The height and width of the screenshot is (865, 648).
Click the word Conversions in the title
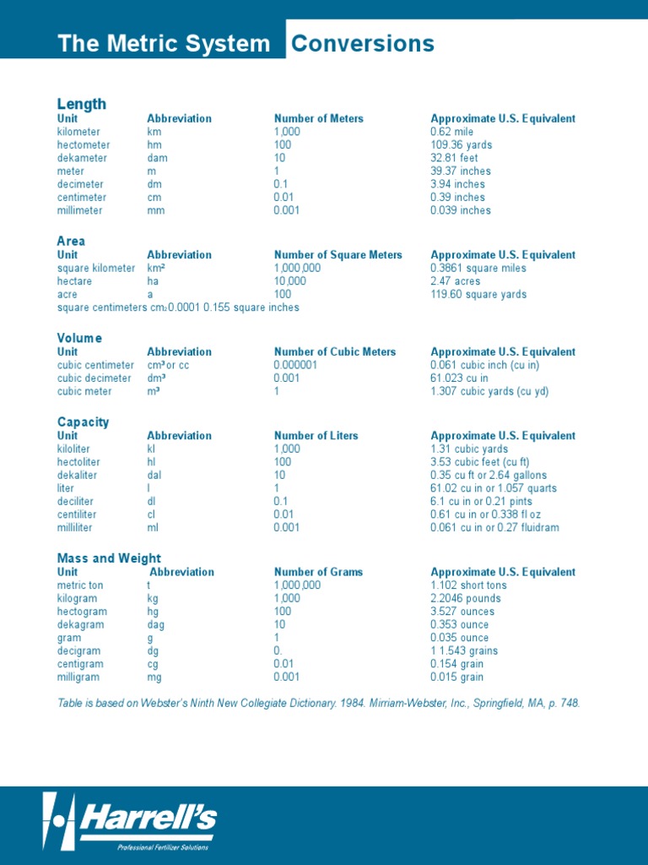(363, 44)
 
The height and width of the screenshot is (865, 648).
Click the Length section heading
(81, 104)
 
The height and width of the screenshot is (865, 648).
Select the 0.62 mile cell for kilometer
(451, 132)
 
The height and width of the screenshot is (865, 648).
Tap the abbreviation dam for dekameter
(157, 158)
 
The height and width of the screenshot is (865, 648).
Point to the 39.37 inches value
(460, 171)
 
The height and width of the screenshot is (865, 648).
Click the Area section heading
(71, 241)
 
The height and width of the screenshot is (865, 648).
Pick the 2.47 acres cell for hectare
(455, 281)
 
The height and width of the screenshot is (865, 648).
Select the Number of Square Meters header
(337, 255)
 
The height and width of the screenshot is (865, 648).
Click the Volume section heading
(79, 338)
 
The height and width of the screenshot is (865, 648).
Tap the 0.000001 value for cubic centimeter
(295, 365)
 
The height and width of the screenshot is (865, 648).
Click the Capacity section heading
(83, 422)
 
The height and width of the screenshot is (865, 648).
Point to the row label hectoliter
(80, 462)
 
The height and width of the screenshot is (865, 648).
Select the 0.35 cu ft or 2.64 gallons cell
(488, 475)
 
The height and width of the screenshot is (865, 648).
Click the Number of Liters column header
(316, 436)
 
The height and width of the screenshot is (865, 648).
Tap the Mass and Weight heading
(109, 558)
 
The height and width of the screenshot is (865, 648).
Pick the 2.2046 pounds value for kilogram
(465, 598)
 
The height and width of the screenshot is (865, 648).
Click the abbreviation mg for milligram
(154, 677)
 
